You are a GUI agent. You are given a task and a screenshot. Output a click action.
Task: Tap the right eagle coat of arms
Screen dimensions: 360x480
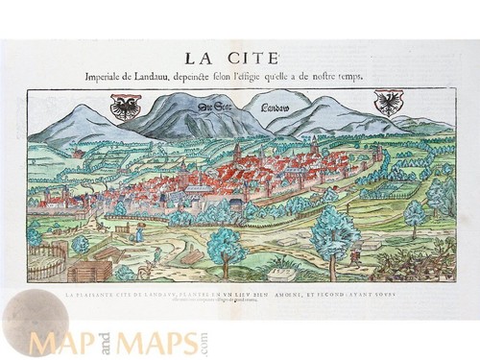pos(388,103)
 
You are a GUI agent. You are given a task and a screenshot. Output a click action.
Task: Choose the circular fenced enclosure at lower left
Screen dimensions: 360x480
pos(45,259)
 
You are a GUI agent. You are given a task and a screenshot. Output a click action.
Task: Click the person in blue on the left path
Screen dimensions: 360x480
pos(138,234)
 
